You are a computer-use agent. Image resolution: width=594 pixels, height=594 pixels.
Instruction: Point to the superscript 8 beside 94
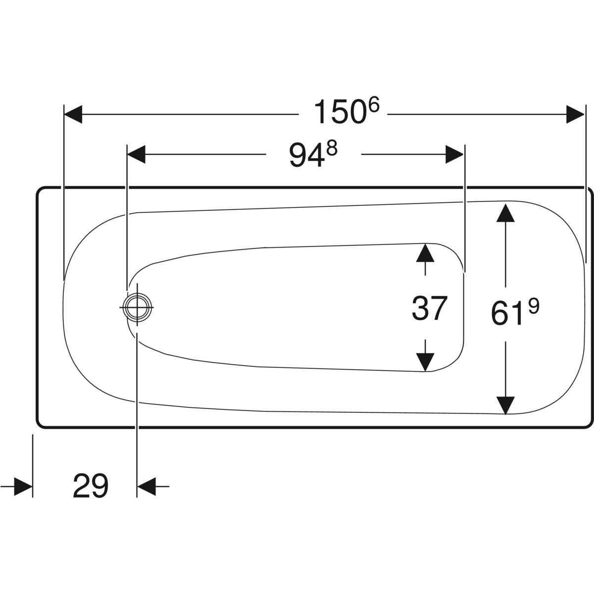point(332,148)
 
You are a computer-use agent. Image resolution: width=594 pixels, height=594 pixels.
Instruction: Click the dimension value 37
point(429,307)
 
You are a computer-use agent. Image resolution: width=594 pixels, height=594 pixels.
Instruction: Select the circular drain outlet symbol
point(137,307)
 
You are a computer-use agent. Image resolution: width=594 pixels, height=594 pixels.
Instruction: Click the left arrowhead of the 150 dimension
point(73,114)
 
